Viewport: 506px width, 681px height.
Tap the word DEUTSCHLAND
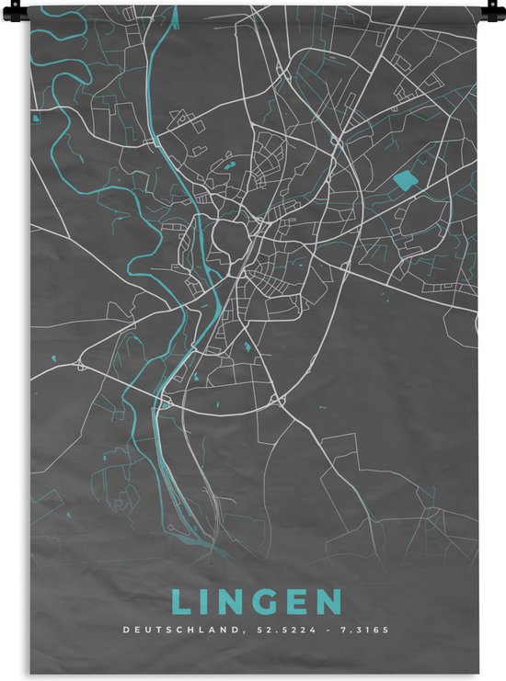[x=180, y=630]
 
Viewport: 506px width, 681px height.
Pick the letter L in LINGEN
[x=179, y=603]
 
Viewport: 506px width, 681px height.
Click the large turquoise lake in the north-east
[x=403, y=180]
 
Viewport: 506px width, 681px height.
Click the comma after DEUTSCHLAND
[x=243, y=633]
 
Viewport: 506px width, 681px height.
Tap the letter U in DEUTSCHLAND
[x=147, y=630]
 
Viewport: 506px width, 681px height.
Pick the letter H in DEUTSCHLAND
[x=193, y=630]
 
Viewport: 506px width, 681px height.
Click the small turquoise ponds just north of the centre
[x=226, y=166]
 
